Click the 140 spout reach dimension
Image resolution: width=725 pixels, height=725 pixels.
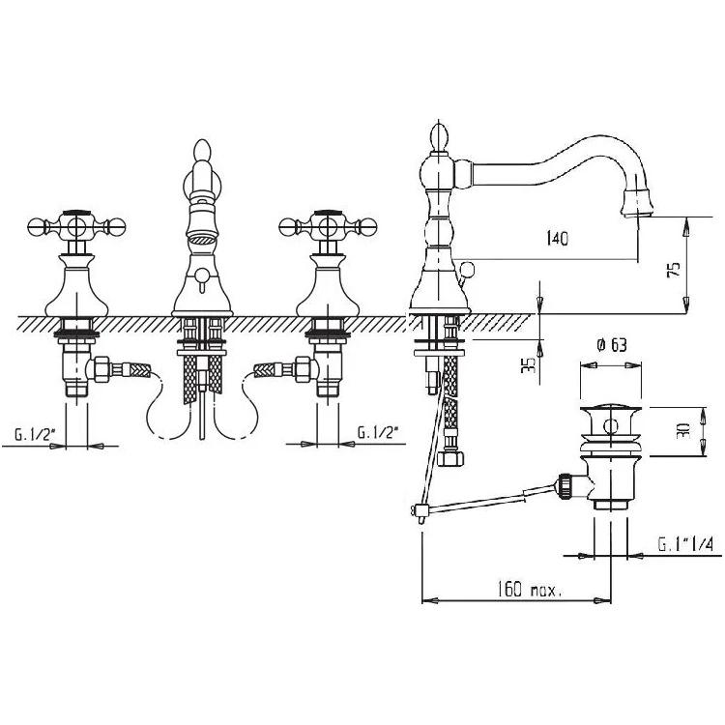coord(557,239)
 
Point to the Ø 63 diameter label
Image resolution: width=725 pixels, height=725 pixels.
coord(611,345)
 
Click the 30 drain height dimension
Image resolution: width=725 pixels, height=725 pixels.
coord(685,430)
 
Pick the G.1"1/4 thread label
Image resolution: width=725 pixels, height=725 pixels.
coord(685,544)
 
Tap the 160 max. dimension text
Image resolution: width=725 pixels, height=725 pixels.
coord(529,590)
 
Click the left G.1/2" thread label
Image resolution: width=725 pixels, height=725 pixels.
coord(35,435)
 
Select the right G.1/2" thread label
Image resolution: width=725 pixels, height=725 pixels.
coord(378,433)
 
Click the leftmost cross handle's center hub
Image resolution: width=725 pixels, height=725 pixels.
coord(76,227)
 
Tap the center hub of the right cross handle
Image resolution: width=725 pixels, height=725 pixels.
coord(328,227)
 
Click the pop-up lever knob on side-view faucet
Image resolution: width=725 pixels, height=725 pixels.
coord(467,269)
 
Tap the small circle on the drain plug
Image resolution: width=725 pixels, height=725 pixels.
coord(611,426)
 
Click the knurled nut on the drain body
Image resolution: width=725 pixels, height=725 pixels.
coord(565,486)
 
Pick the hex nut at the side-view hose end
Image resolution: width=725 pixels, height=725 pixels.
coord(450,458)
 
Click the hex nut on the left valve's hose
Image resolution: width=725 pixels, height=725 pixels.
coord(101,369)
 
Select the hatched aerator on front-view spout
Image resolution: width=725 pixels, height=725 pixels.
coord(202,240)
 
